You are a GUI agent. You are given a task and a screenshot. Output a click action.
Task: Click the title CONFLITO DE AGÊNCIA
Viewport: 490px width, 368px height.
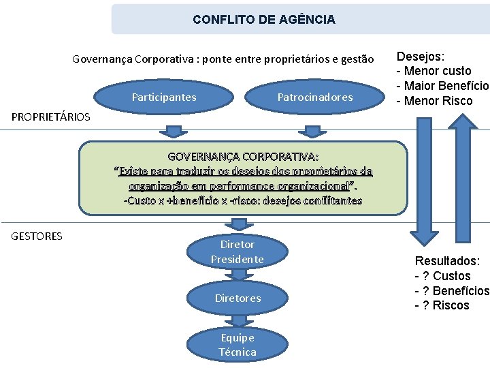(x=264, y=20)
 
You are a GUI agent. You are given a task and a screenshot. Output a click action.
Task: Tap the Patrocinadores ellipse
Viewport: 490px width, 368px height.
(x=315, y=97)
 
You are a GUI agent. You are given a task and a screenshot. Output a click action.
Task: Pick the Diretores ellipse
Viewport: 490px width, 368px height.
(x=238, y=298)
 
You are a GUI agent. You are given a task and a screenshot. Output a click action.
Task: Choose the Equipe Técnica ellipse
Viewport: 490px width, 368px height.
(x=238, y=344)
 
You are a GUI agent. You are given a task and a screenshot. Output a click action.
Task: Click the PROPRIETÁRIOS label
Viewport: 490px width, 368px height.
(x=51, y=117)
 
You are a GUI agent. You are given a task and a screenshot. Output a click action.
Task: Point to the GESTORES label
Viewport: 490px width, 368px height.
(x=37, y=236)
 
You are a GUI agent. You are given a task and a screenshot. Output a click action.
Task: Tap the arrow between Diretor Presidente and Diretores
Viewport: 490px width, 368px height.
(x=238, y=274)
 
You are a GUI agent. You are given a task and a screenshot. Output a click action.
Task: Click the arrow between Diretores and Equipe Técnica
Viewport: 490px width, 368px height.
(x=238, y=320)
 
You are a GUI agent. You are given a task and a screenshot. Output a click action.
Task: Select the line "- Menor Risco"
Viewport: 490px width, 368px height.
(x=434, y=102)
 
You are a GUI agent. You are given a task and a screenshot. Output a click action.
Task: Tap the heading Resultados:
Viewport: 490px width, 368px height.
(x=447, y=261)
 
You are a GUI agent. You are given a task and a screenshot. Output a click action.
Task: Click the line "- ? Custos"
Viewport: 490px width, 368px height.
(x=442, y=276)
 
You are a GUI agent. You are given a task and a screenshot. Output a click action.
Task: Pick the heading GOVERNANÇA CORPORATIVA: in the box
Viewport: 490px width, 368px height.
(x=243, y=156)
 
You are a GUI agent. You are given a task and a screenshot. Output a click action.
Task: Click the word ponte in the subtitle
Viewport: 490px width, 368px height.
(x=216, y=59)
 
